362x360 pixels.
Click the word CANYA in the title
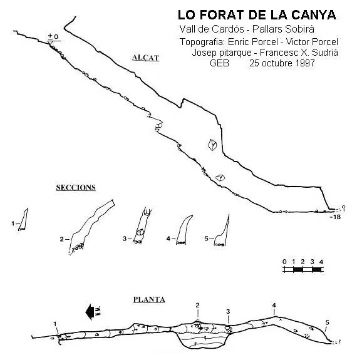tap(313, 15)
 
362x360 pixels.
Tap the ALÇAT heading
tap(146, 58)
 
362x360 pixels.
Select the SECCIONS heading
tap(76, 187)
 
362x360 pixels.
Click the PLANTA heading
tap(149, 299)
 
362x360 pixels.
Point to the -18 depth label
tap(335, 217)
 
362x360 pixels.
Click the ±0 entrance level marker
tap(53, 36)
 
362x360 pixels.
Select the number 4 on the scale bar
tap(321, 262)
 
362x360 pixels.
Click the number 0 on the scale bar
tap(284, 262)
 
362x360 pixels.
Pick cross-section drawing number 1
tap(23, 220)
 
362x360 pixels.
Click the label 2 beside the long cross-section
tap(61, 239)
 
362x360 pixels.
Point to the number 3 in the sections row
tap(125, 239)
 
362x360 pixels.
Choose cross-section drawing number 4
tap(184, 230)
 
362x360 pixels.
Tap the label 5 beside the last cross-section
tap(207, 239)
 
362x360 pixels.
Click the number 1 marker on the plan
tap(55, 324)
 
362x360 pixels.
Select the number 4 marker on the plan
tap(274, 306)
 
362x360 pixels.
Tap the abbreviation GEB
tap(219, 63)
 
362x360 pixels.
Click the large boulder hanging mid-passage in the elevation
tap(212, 145)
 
